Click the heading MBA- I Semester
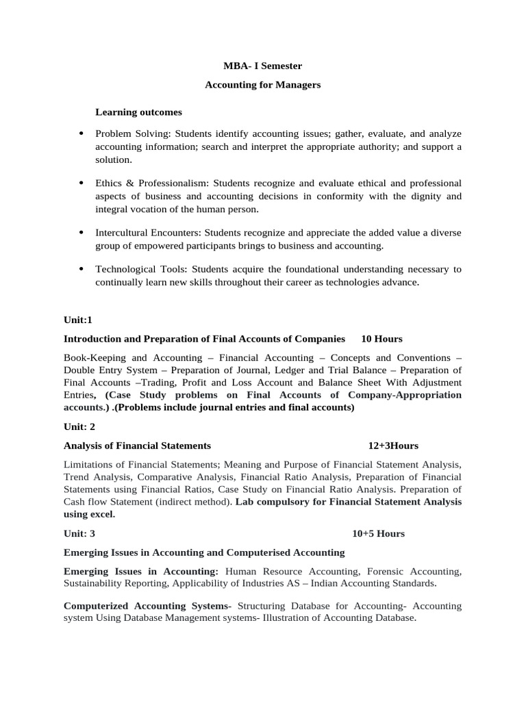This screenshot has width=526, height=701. point(263,66)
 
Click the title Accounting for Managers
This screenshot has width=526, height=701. point(263,85)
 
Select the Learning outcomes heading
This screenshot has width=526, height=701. point(138,112)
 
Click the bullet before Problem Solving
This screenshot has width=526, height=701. point(82,133)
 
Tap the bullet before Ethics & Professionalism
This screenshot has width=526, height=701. point(82,183)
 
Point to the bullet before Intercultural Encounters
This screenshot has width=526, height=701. point(82,233)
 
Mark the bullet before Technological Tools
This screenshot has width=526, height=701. point(82,269)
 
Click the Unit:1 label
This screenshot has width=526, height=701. point(77,320)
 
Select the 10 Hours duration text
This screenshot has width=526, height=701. point(381,339)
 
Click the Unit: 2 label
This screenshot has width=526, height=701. point(79,426)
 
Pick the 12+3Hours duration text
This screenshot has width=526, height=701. point(393,446)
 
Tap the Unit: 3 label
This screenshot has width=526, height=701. point(79,533)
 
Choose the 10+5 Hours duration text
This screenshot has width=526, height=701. point(378,533)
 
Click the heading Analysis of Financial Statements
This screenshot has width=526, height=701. point(132,446)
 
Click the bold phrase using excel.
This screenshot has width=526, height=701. point(89,514)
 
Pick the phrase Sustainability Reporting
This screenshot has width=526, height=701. point(116,583)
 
